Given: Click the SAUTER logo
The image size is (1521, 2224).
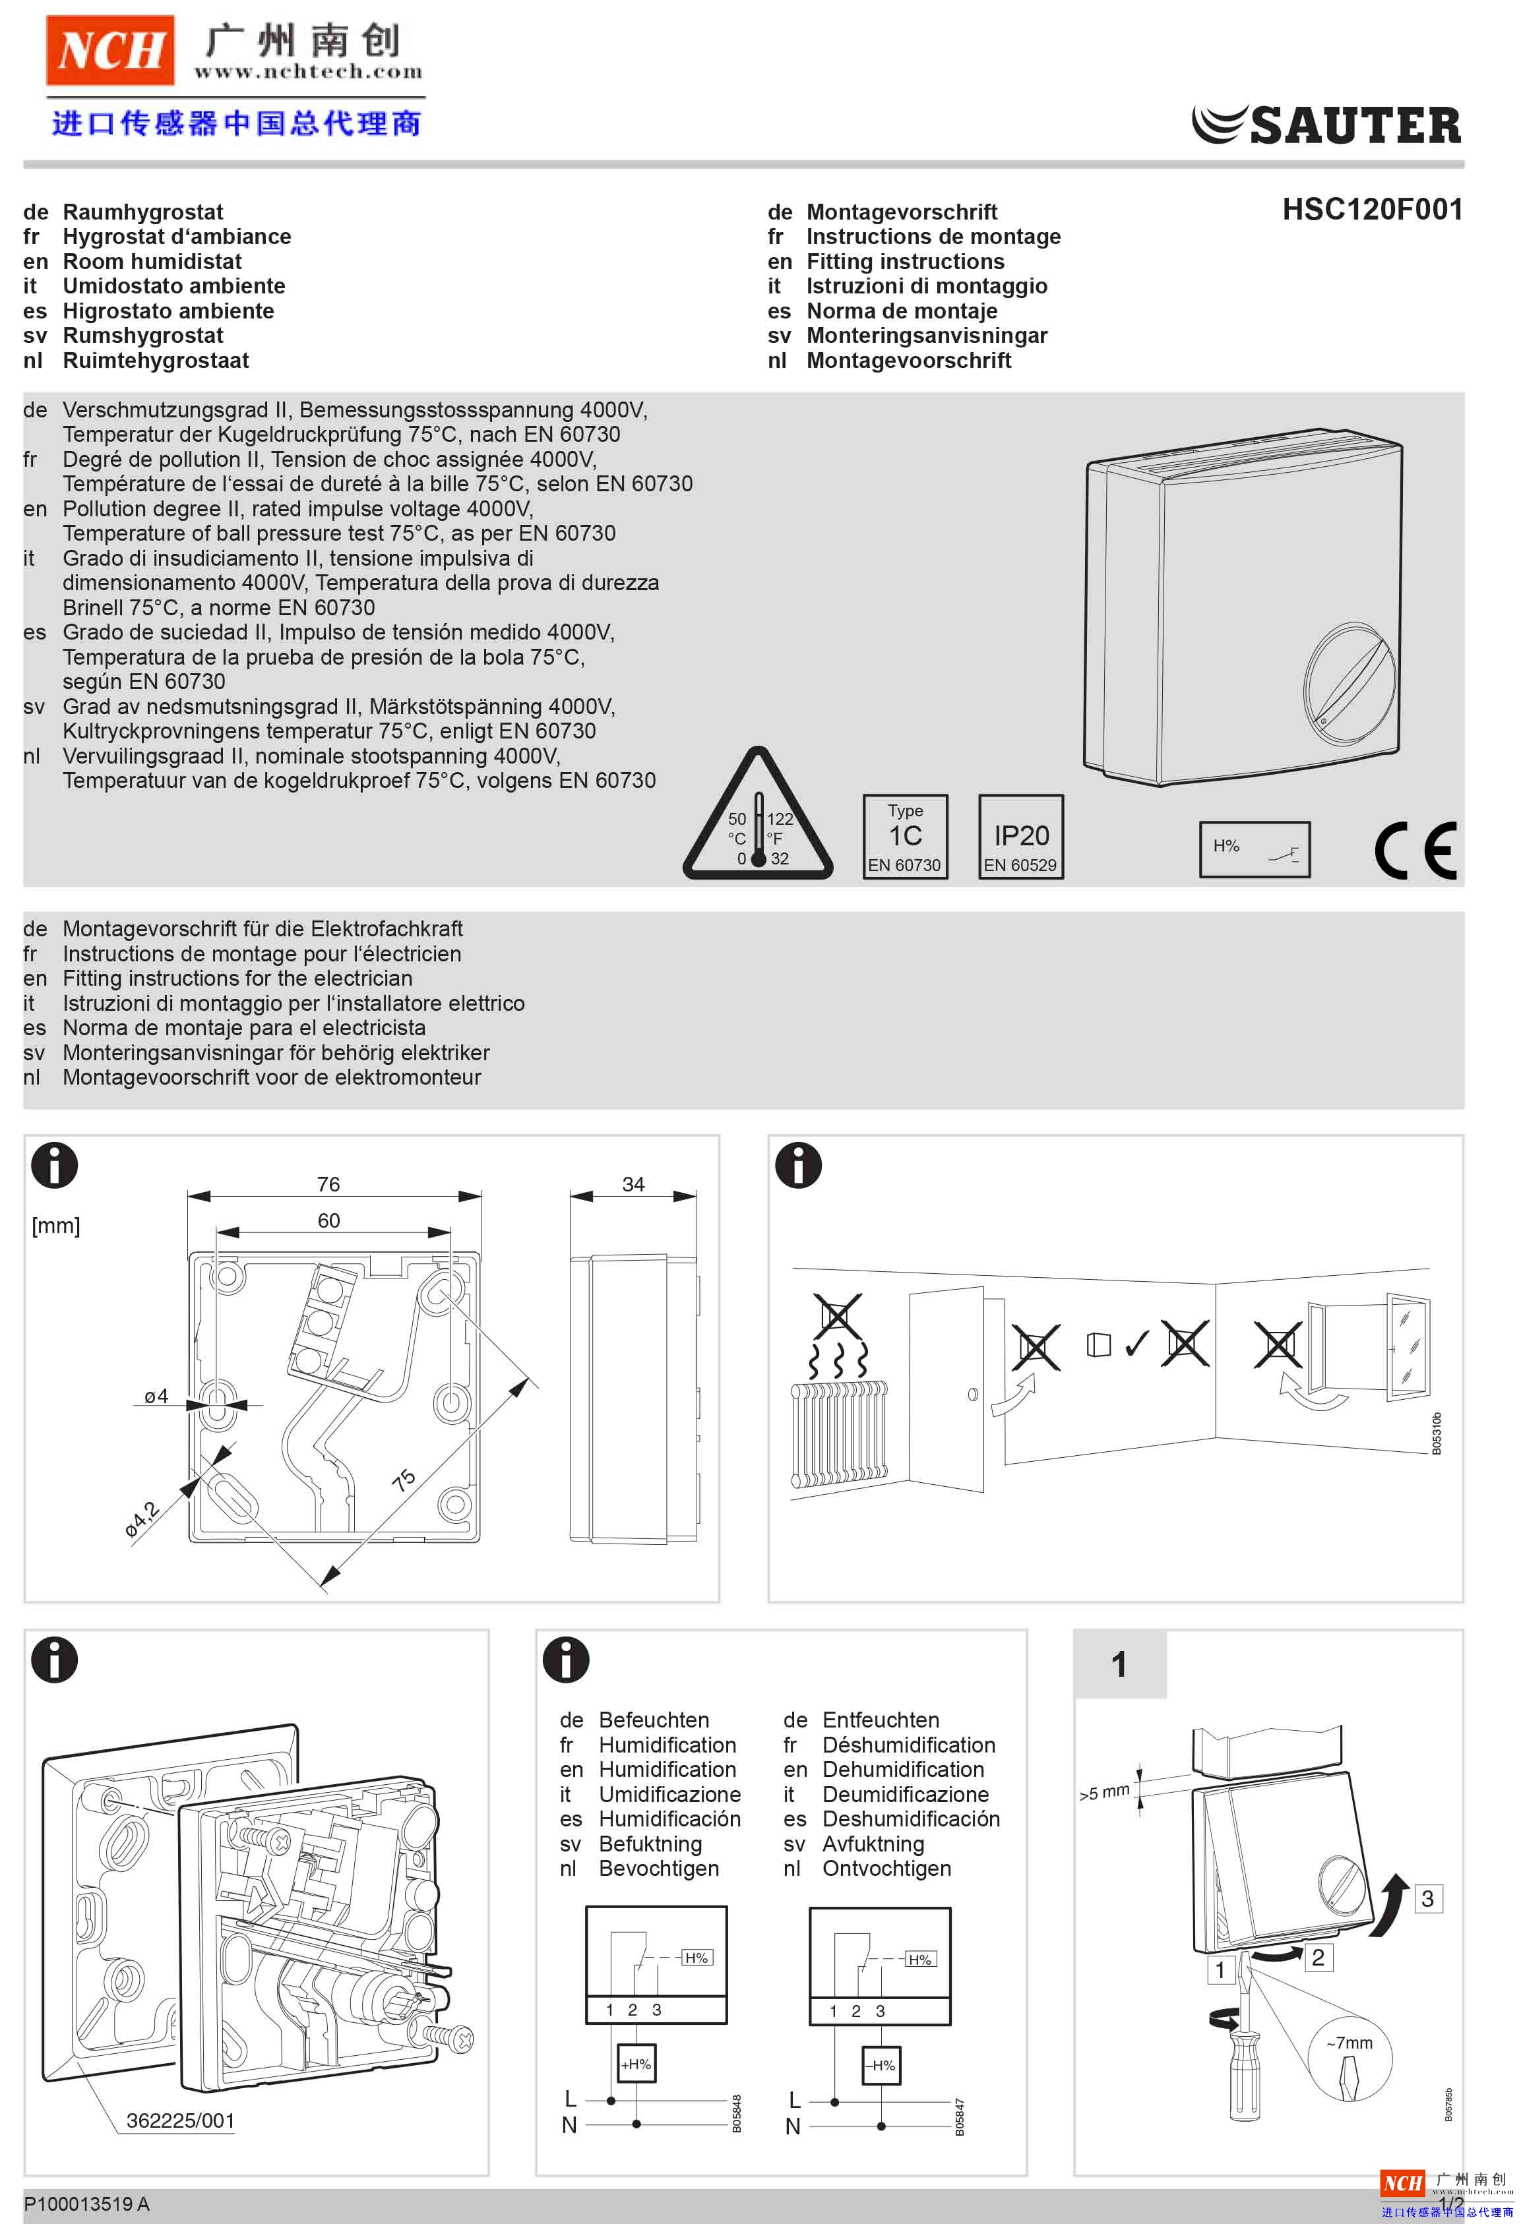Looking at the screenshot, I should [1326, 125].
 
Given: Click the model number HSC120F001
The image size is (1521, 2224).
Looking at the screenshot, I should [1372, 210].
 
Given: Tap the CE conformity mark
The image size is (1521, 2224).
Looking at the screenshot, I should [1415, 850].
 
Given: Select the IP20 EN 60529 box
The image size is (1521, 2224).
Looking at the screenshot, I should [1020, 837].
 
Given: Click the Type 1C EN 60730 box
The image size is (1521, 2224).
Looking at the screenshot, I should [904, 837].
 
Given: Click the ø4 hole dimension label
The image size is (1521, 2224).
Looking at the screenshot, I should [156, 1397].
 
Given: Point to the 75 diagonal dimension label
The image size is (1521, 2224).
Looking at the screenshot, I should [404, 1480].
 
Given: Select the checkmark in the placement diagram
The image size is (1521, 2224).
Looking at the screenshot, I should [1137, 1344].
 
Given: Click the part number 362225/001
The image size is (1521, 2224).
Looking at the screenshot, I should [181, 2120].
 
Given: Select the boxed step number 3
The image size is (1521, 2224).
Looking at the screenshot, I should [1427, 1898].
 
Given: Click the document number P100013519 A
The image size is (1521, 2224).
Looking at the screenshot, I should [86, 2204].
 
